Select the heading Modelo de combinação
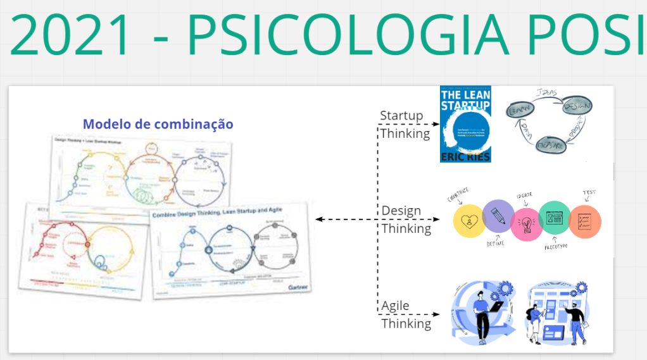158,124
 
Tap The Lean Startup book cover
465,124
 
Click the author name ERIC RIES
465,154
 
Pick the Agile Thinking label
406,314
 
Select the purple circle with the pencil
498,216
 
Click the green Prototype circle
554,218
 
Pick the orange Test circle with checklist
584,222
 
